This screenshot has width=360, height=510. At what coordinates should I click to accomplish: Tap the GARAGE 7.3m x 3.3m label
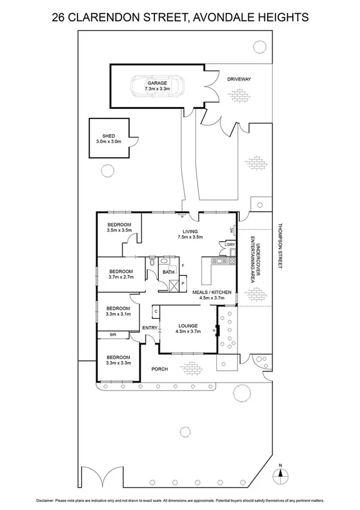click(157, 85)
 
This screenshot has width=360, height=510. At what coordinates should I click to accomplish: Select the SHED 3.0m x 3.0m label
click(109, 139)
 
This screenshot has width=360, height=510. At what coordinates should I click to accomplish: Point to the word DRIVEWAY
click(239, 79)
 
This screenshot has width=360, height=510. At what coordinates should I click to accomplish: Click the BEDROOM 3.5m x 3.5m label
click(119, 227)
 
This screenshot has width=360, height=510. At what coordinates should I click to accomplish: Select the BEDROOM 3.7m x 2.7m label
click(120, 274)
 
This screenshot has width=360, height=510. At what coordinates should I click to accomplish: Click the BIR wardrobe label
click(112, 335)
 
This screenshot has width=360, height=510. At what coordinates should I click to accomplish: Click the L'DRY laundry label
click(230, 245)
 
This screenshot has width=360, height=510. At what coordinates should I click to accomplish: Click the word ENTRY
click(150, 328)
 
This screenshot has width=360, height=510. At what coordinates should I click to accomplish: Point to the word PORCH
click(159, 369)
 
